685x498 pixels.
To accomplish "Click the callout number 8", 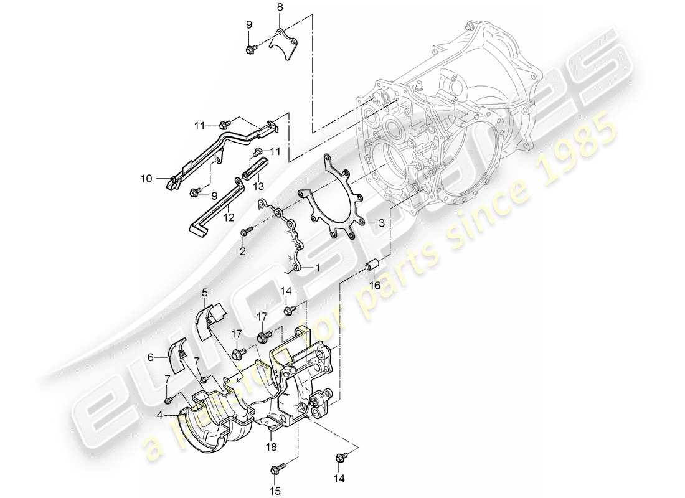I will pos(280,7).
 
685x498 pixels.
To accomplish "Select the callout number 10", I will pos(146,179).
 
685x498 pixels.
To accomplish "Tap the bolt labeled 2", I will pos(245,233).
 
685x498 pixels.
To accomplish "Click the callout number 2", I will pos(243,251).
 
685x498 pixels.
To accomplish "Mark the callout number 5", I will pos(204,291).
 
